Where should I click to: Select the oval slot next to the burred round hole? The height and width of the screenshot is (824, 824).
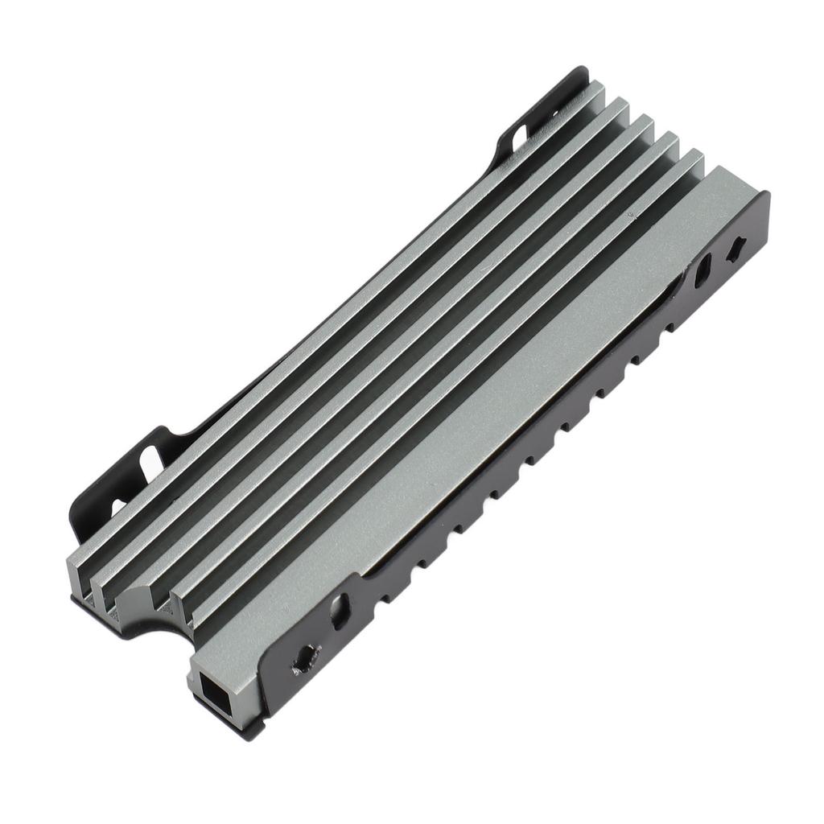tap(340, 612)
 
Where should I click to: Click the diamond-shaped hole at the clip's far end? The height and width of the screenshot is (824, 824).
tap(734, 249)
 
